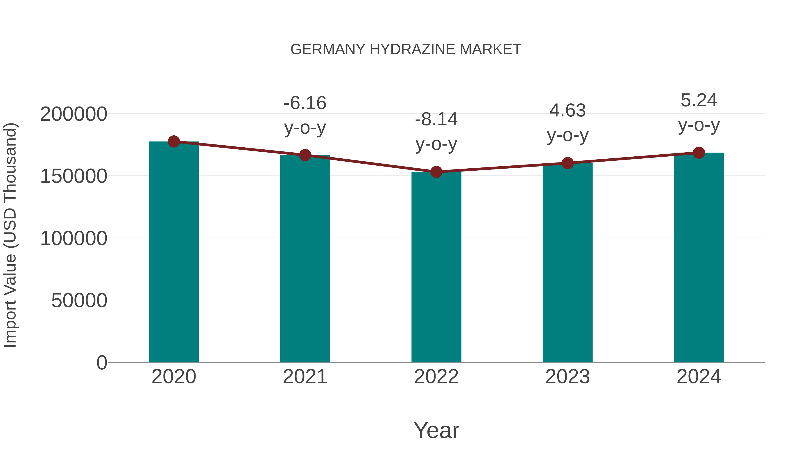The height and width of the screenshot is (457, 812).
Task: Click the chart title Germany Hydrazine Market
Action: [406, 49]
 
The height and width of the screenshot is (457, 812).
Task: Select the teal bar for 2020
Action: [174, 252]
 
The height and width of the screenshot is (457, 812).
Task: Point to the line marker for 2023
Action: [567, 163]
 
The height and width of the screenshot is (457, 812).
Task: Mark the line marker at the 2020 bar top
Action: [174, 142]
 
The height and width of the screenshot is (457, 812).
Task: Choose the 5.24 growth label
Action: [699, 113]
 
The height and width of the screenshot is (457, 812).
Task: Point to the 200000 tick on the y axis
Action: [74, 114]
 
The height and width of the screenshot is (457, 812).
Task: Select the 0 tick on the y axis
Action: [101, 362]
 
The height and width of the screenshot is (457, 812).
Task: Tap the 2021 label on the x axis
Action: [305, 377]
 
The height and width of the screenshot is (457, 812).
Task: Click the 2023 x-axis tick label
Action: [567, 377]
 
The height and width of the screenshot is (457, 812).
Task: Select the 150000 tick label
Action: [74, 176]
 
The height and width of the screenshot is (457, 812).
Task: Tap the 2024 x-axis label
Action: [699, 377]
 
